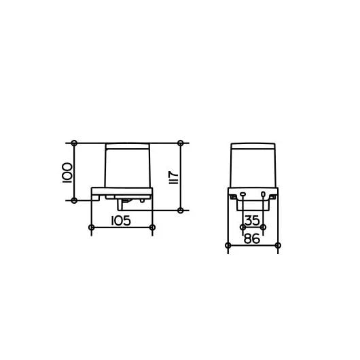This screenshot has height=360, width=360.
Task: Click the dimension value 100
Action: [x=67, y=173]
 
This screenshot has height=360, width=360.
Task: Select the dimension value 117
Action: [x=174, y=177]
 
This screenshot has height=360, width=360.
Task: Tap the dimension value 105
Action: [x=121, y=221]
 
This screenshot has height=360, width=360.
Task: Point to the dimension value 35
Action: [x=252, y=221]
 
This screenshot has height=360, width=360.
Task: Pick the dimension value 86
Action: [x=252, y=238]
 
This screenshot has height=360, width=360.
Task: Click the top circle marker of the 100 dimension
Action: [x=74, y=143]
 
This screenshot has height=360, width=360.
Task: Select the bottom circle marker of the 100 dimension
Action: [x=74, y=200]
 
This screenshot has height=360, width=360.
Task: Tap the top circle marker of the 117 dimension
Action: [x=181, y=143]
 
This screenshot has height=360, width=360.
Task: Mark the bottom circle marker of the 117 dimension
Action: [x=181, y=211]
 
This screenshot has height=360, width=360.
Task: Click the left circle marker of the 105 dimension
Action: [x=92, y=228]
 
